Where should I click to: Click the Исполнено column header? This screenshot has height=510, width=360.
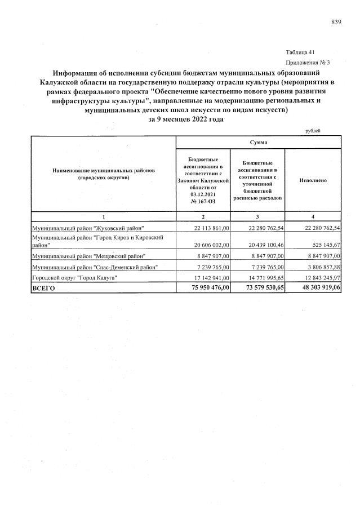pyautogui.click(x=313, y=180)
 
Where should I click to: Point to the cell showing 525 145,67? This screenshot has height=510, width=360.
pyautogui.click(x=321, y=245)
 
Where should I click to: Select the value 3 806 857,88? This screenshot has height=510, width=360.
pyautogui.click(x=319, y=267)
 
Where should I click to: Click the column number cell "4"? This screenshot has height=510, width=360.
pyautogui.click(x=313, y=216)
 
